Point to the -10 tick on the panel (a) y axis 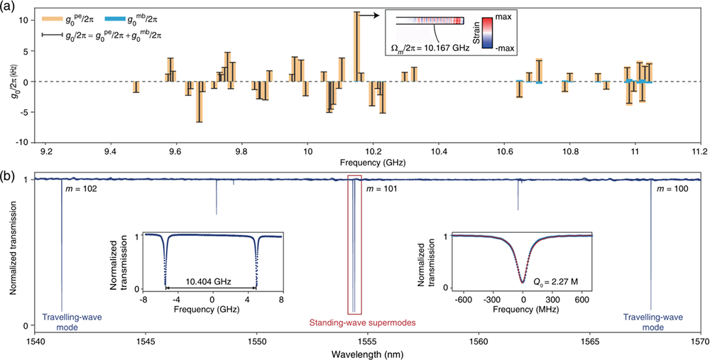pos(24,142)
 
